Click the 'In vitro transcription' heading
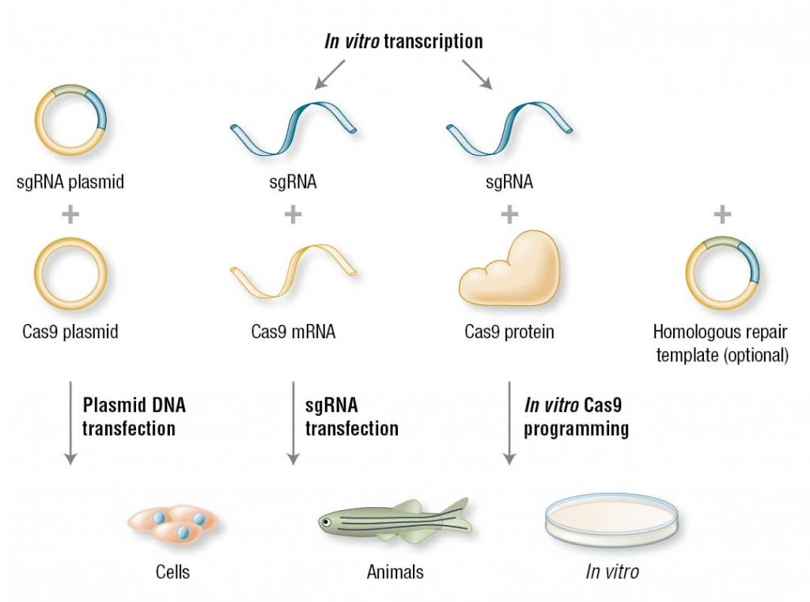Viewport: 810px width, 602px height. point(403,41)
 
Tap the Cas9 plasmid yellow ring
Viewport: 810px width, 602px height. point(70,274)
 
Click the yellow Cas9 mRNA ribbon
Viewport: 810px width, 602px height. point(293,272)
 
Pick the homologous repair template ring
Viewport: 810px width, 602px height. point(721,274)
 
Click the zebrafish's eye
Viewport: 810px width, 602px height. point(325,522)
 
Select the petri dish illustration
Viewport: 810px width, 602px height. point(613,523)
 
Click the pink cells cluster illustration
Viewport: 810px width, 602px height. point(175,524)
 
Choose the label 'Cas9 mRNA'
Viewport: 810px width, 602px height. point(293,332)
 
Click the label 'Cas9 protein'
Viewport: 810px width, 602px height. point(509,332)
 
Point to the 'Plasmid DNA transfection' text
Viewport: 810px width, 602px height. point(134,417)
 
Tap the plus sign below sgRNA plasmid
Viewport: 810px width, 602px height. point(70,214)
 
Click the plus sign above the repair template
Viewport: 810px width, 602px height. point(721,213)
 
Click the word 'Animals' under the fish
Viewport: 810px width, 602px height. point(395,571)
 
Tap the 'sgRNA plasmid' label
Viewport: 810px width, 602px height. point(70,182)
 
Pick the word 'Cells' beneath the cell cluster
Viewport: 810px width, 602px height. point(173,571)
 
